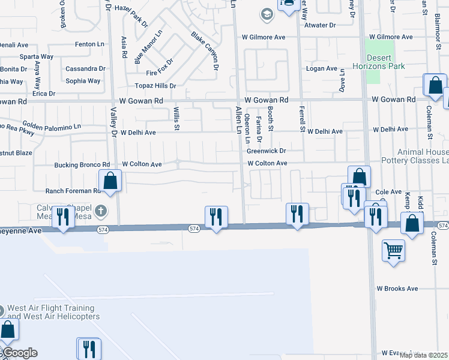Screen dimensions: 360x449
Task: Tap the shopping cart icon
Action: point(393,250)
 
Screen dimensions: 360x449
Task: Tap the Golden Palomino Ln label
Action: point(52,127)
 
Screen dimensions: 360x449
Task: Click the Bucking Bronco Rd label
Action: point(82,164)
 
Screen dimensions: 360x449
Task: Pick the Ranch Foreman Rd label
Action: point(71,191)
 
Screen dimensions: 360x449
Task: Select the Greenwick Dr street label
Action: point(266,151)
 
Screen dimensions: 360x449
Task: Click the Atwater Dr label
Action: point(320,25)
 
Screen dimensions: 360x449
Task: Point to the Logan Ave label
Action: point(322,68)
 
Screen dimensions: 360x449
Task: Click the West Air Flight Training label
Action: point(53,312)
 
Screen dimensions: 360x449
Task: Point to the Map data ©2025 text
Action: point(423,355)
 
